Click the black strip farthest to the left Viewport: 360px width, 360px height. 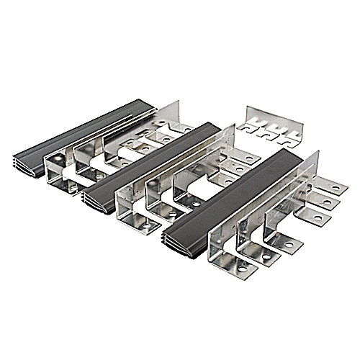point(79,133)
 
